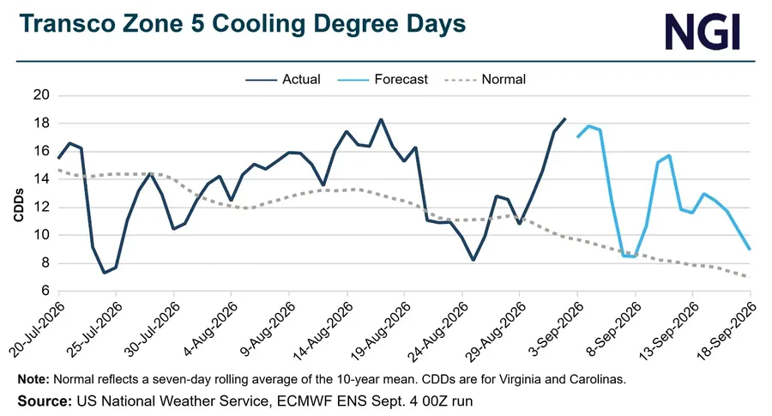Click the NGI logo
[703, 32]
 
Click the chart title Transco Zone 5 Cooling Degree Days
[242, 24]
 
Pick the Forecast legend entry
[383, 79]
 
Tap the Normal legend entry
[485, 79]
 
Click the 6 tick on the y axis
[45, 291]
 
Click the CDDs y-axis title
[19, 205]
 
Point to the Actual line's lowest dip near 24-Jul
[105, 273]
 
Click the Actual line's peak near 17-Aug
[381, 119]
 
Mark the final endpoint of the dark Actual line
[565, 118]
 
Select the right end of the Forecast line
[750, 250]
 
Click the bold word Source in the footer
[45, 401]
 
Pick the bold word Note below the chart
[33, 380]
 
